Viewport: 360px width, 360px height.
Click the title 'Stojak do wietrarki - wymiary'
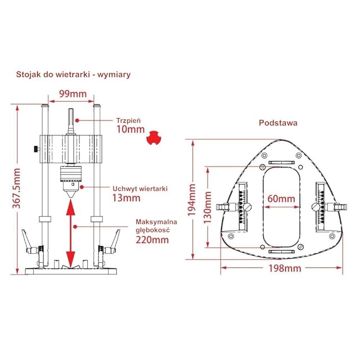click(74, 74)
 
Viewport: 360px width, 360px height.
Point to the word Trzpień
click(128, 119)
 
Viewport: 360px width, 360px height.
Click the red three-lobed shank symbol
click(152, 138)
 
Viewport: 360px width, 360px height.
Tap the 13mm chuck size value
click(126, 198)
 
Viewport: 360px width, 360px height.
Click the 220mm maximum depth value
click(152, 239)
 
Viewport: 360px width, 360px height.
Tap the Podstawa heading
click(278, 122)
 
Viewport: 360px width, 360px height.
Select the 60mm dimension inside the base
click(281, 199)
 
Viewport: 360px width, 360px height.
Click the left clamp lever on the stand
click(28, 239)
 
